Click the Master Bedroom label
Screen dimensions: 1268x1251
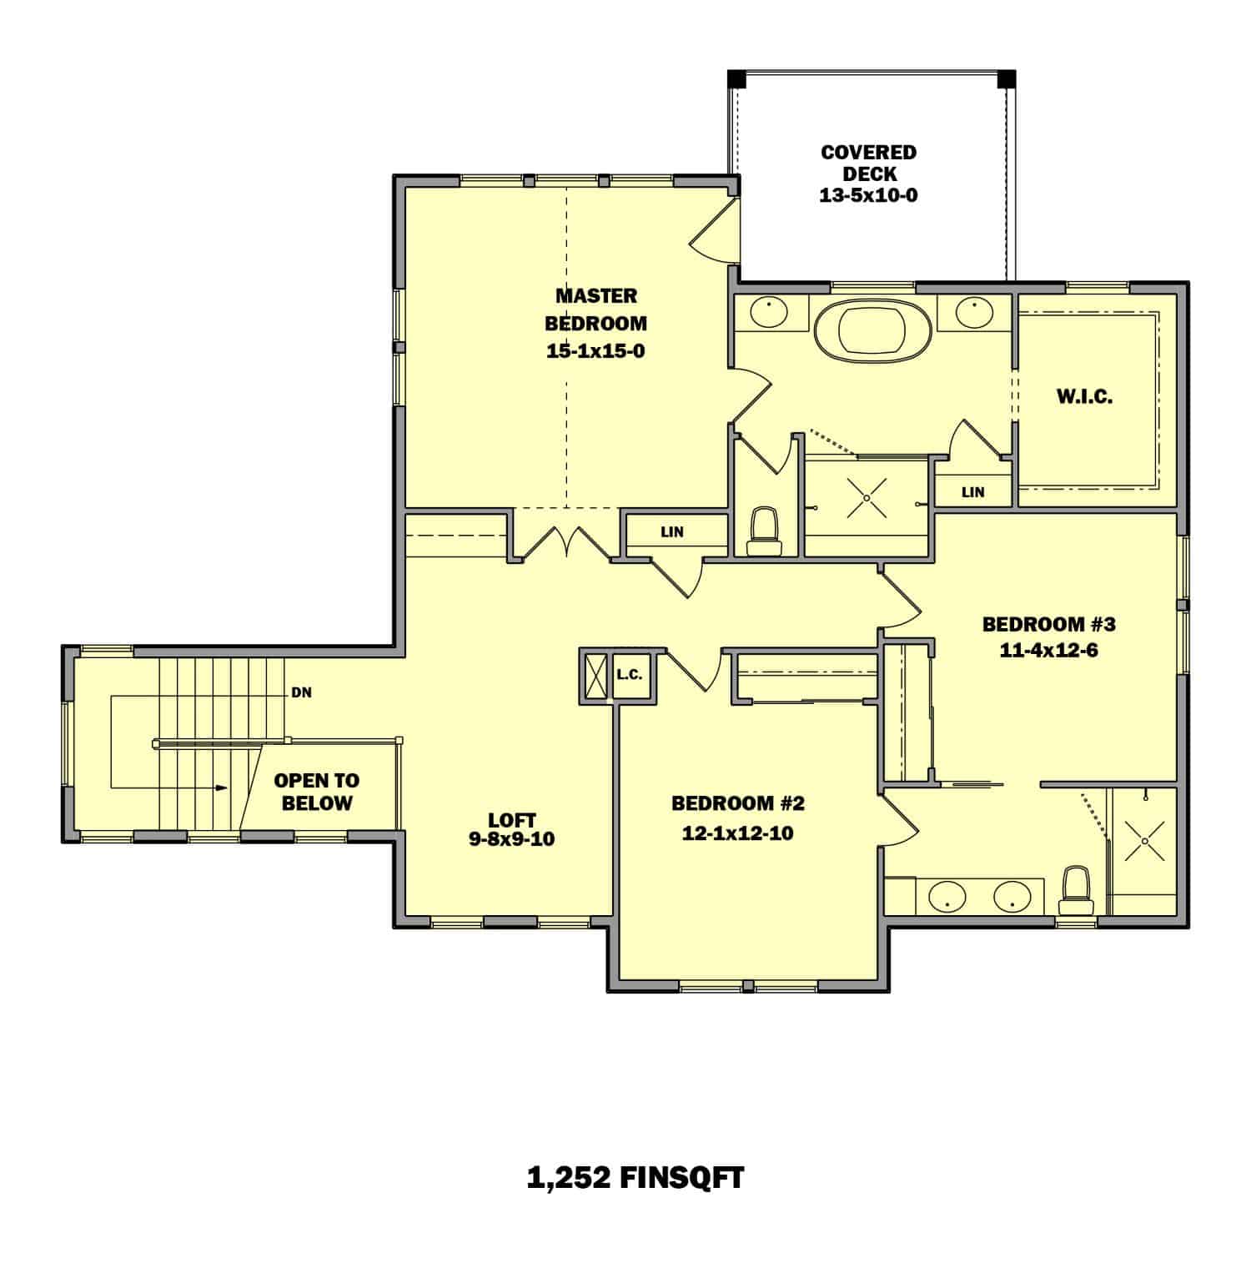pos(595,322)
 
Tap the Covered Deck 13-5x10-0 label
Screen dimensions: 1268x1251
pos(868,174)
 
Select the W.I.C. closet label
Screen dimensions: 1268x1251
pos(1084,397)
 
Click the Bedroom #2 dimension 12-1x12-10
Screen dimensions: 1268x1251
pos(737,833)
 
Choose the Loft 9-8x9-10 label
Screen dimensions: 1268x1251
pos(511,830)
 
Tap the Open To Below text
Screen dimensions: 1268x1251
pos(317,792)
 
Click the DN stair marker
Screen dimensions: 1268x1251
pos(301,692)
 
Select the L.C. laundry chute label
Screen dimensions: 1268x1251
pos(630,675)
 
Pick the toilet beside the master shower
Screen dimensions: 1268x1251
pos(765,531)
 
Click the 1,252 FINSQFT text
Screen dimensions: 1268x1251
pos(636,1177)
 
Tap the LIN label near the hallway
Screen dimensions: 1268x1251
pos(672,531)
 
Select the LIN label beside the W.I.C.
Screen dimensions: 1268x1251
pos(972,492)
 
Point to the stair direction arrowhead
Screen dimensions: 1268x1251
pos(221,787)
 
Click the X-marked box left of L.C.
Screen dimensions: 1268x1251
pos(595,675)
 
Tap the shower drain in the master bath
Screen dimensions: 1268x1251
pos(867,498)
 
